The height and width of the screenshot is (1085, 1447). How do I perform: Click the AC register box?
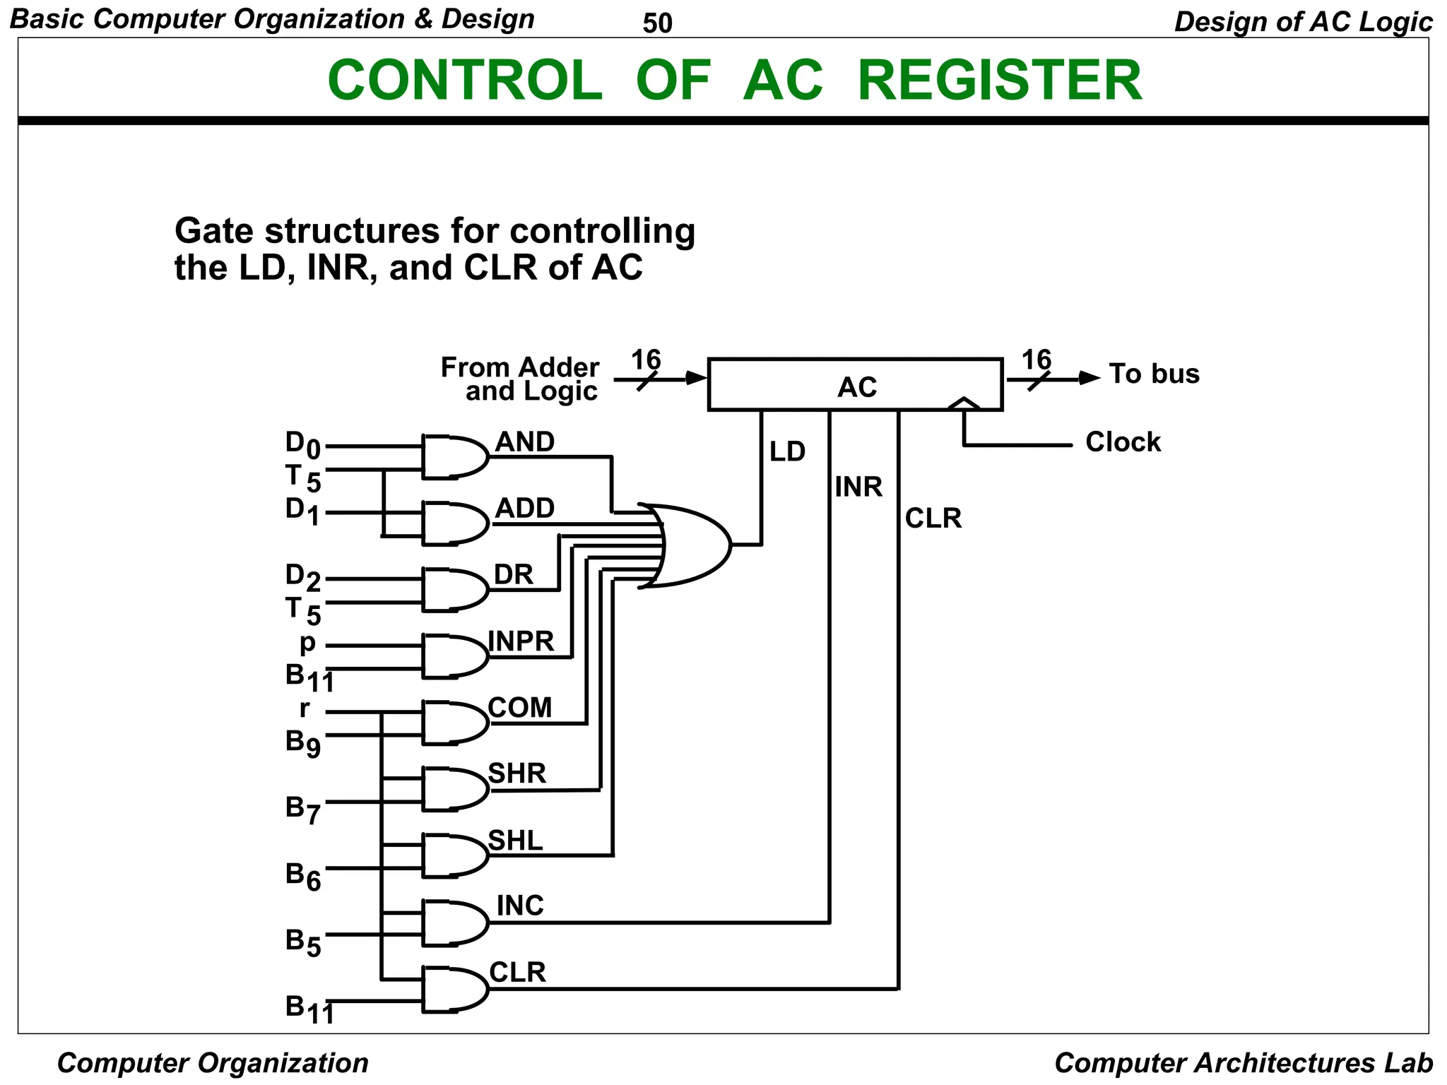coord(855,385)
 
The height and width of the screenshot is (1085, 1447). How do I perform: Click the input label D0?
coord(302,445)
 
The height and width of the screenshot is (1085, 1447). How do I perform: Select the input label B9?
coord(302,743)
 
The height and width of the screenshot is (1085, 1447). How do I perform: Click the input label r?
coord(305,708)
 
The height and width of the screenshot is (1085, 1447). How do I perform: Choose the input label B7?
coord(302,810)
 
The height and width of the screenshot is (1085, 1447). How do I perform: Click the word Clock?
coord(1123,442)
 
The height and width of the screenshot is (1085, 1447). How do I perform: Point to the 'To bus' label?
coord(1154,374)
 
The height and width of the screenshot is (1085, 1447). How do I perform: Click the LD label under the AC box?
coord(787,452)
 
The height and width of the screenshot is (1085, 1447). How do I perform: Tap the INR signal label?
coord(858,487)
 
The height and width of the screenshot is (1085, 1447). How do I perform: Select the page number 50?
coord(657,24)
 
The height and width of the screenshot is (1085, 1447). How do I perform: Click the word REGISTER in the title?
coord(999,81)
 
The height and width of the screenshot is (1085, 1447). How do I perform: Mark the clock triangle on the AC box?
coord(964,404)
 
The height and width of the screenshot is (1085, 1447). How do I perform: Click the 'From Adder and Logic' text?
coord(521,379)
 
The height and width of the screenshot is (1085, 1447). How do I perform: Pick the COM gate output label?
coord(520,708)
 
